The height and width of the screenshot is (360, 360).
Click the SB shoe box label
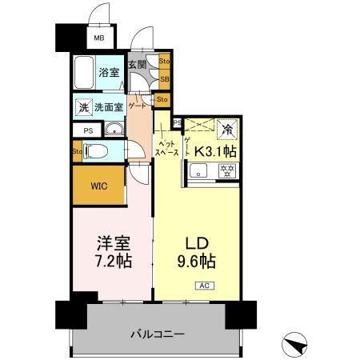pos(164,78)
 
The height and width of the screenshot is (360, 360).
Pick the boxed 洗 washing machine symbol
pos(83,107)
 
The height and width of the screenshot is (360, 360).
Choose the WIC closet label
pos(98,186)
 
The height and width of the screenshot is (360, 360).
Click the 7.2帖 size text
pos(111,261)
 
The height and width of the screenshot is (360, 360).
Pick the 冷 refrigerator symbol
pos(228,126)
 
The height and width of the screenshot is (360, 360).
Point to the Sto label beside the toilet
pos(77,150)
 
